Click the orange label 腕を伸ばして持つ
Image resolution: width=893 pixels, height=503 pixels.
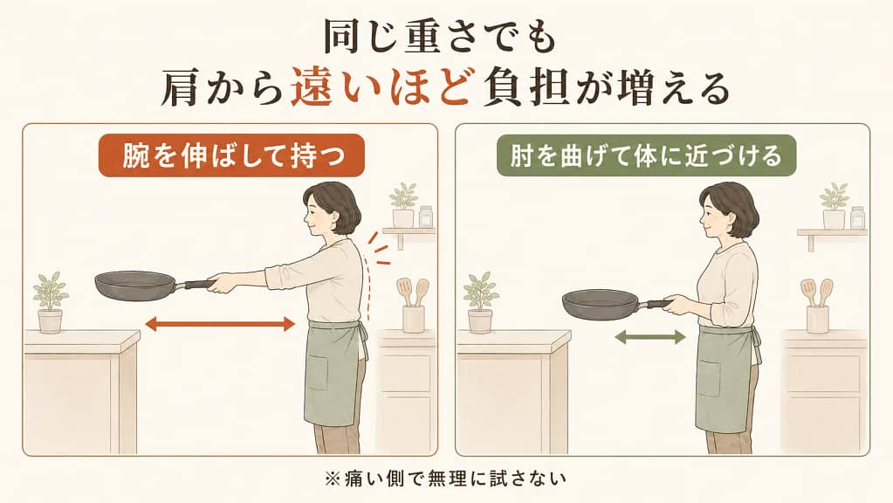(x=231, y=155)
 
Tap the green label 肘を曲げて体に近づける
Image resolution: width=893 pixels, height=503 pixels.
(x=646, y=155)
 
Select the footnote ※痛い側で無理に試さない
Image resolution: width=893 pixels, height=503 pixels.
(x=446, y=478)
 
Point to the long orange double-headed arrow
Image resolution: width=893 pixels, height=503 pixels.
(x=220, y=325)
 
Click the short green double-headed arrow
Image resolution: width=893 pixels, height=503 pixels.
(x=649, y=337)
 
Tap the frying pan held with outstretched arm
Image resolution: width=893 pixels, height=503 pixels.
(x=154, y=286)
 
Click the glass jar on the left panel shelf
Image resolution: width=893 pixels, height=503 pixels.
(x=425, y=217)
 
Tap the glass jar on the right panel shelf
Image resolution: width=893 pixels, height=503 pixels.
(x=857, y=217)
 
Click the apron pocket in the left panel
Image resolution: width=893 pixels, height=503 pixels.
(x=316, y=373)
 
